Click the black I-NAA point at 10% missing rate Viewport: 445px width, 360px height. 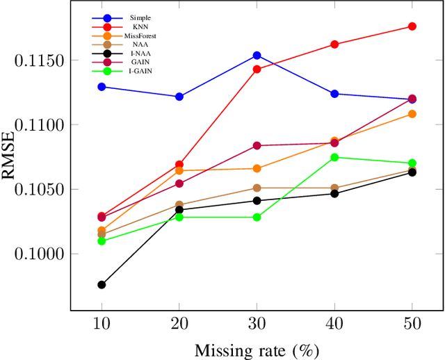(x=102, y=284)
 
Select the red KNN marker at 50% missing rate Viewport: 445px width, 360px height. (x=412, y=26)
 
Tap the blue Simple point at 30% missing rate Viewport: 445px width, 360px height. (x=257, y=55)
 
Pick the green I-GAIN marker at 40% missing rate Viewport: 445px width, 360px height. (x=334, y=157)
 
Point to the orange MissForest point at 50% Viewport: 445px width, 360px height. (x=412, y=114)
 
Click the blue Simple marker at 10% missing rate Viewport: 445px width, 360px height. (x=102, y=87)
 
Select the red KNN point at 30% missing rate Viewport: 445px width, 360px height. (x=257, y=69)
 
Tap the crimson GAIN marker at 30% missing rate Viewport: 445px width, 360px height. (x=257, y=145)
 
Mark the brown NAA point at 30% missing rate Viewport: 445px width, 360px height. (x=257, y=188)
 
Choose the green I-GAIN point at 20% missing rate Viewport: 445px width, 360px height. (x=179, y=217)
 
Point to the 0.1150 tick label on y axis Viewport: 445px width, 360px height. (x=39, y=60)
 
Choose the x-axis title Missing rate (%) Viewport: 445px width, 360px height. (x=257, y=350)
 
